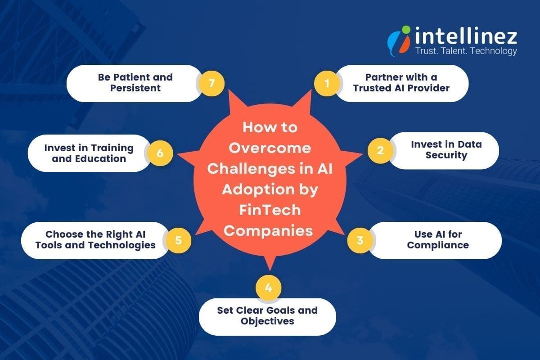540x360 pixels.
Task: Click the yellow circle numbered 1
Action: (327, 83)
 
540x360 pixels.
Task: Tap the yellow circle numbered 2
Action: (380, 150)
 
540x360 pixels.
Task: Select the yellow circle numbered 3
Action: (360, 240)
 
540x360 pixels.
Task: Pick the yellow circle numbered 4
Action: (269, 288)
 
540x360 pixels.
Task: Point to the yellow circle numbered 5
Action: (179, 240)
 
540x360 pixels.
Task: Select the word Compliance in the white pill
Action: (437, 245)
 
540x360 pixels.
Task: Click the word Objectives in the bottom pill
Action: (267, 321)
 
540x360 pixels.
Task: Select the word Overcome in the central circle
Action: (270, 148)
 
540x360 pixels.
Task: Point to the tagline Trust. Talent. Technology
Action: (465, 51)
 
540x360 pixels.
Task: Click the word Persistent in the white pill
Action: (135, 88)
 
